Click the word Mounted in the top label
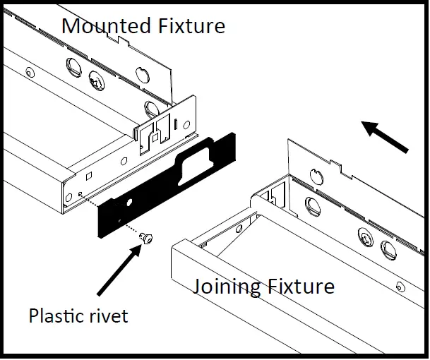104,26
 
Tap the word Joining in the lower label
227,287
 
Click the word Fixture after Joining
299,287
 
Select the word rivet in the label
107,315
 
